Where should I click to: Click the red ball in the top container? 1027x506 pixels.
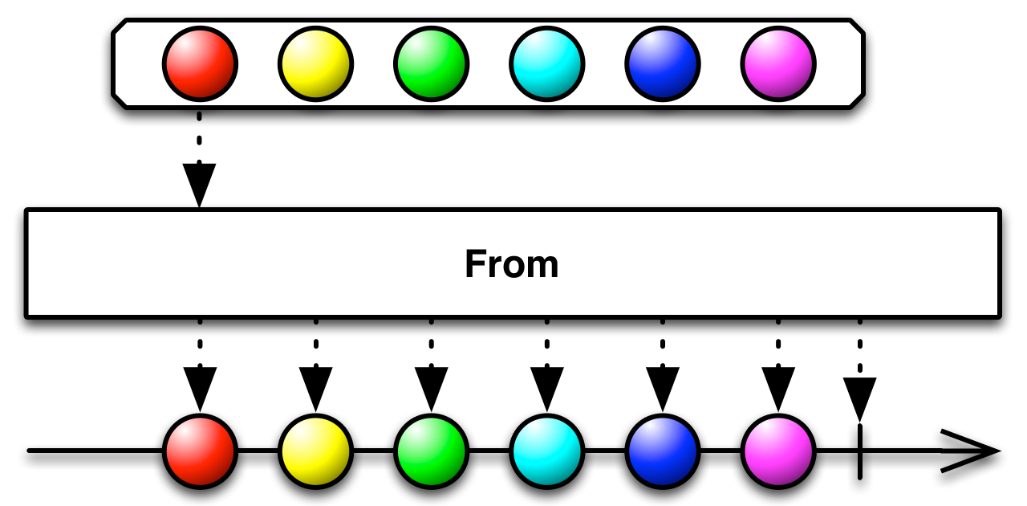(x=200, y=63)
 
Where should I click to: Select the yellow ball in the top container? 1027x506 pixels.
(x=315, y=63)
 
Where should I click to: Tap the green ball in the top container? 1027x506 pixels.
(x=431, y=63)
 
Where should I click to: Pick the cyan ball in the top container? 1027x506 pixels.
(x=546, y=63)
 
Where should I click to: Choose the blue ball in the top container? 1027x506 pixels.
(x=663, y=63)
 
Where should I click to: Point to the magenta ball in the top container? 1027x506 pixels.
(x=778, y=63)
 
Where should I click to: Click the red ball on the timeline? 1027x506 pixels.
(x=200, y=451)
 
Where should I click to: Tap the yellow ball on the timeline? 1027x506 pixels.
(x=315, y=451)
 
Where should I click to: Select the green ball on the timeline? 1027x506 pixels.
(x=431, y=451)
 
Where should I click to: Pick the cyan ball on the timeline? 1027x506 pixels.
(x=546, y=451)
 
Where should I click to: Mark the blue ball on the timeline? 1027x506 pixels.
(x=663, y=451)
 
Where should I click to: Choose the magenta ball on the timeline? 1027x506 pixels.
(x=778, y=451)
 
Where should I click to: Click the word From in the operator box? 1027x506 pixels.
(x=512, y=264)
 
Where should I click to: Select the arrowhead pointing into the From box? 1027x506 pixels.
(x=200, y=184)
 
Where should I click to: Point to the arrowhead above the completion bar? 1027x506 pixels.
(x=859, y=398)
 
